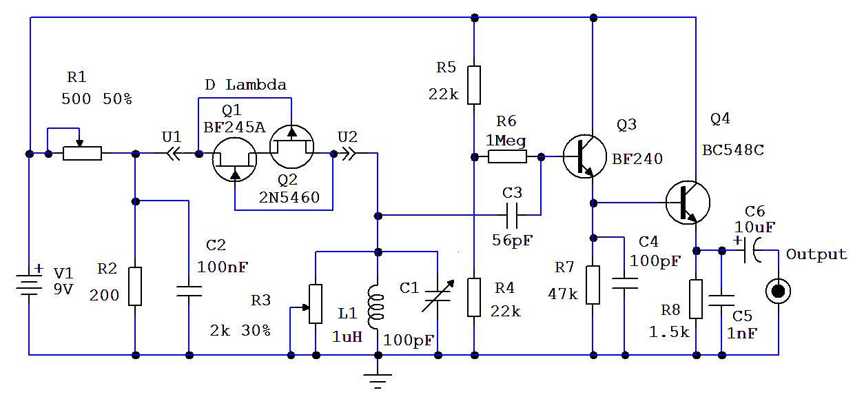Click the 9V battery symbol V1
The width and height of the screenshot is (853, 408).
pyautogui.click(x=30, y=281)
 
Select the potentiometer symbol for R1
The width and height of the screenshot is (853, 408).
pyautogui.click(x=82, y=153)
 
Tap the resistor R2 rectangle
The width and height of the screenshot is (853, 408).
pyautogui.click(x=135, y=286)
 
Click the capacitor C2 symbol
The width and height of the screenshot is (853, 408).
pyautogui.click(x=189, y=290)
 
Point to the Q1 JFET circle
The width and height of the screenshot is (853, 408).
pyautogui.click(x=234, y=158)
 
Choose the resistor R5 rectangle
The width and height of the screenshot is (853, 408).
pyautogui.click(x=473, y=84)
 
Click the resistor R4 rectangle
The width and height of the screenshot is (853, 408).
pyautogui.click(x=473, y=296)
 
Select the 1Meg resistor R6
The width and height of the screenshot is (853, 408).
pyautogui.click(x=507, y=157)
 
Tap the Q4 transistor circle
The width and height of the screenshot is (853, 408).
pyautogui.click(x=688, y=202)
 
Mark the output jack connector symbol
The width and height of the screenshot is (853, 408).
pyautogui.click(x=779, y=291)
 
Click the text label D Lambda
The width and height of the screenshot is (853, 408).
pyautogui.click(x=245, y=85)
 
